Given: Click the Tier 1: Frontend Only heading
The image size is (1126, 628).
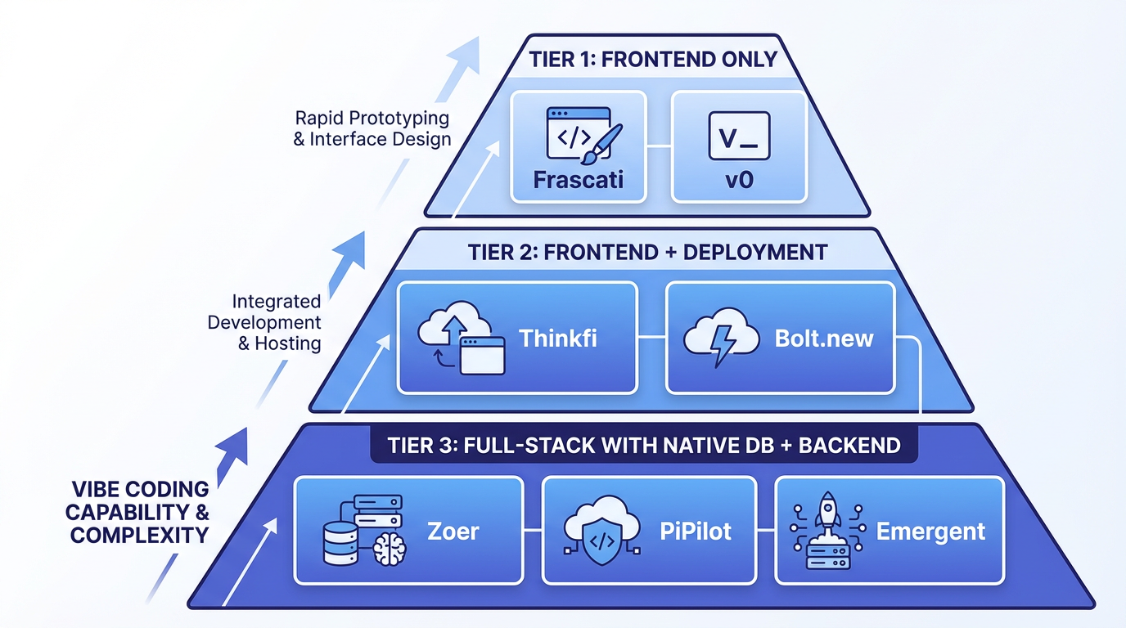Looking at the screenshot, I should pyautogui.click(x=652, y=61).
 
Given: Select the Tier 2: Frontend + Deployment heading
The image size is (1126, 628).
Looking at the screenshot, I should pyautogui.click(x=648, y=252).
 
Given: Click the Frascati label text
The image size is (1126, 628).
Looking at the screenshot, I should pyautogui.click(x=578, y=179).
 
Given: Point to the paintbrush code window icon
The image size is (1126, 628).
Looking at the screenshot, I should pyautogui.click(x=583, y=136).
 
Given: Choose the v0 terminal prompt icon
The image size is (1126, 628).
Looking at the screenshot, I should pyautogui.click(x=737, y=136).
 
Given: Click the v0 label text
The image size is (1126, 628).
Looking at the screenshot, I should pyautogui.click(x=738, y=179).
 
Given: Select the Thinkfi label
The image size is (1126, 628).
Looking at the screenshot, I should pyautogui.click(x=558, y=338).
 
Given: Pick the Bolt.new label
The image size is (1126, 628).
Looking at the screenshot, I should pyautogui.click(x=824, y=338).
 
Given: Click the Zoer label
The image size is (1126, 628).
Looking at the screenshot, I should pyautogui.click(x=453, y=532).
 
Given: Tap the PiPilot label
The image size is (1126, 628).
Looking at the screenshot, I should pyautogui.click(x=696, y=532).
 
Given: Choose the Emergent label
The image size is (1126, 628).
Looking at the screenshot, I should pyautogui.click(x=930, y=532).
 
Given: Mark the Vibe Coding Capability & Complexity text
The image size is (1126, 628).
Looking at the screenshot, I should pyautogui.click(x=138, y=513).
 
